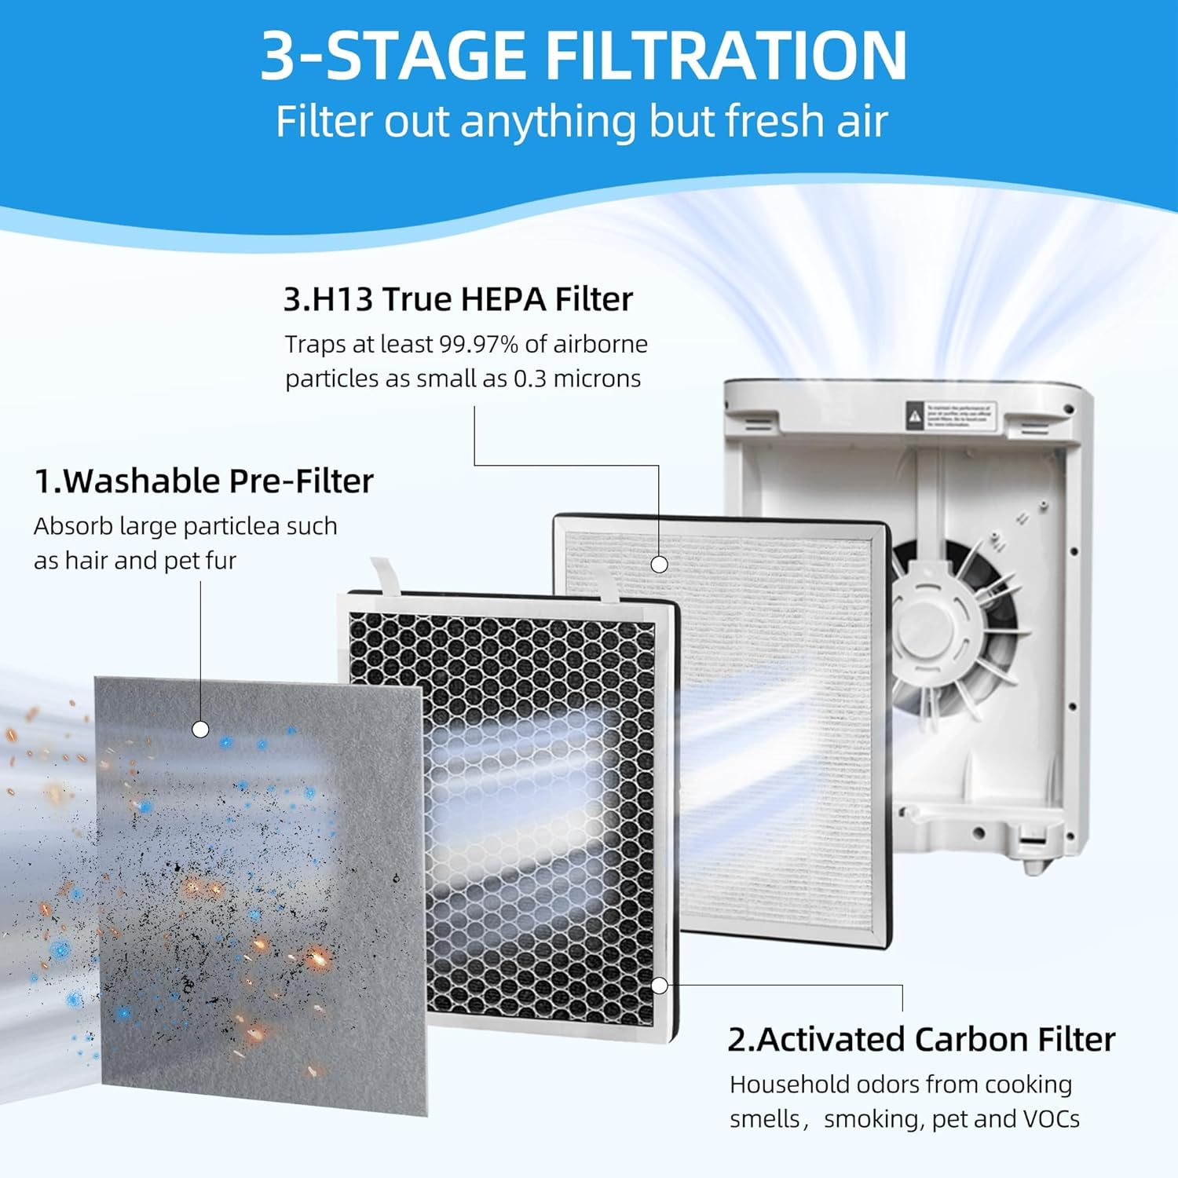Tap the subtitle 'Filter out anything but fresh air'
[x=581, y=122]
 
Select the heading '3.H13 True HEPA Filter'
[x=458, y=299]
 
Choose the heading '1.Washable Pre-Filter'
[x=203, y=481]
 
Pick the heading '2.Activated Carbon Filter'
[x=920, y=1039]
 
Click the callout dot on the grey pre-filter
[x=200, y=730]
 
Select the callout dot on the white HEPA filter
[x=660, y=564]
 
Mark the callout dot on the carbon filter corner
[x=660, y=985]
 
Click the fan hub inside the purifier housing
[x=927, y=628]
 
